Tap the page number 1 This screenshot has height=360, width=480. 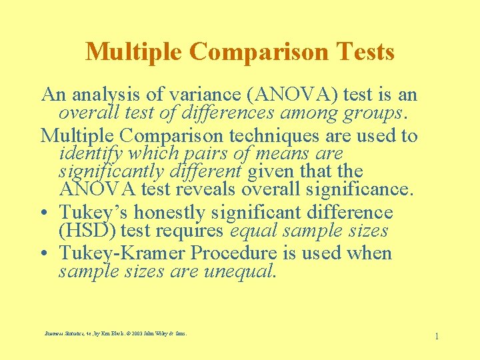pyautogui.click(x=436, y=336)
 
